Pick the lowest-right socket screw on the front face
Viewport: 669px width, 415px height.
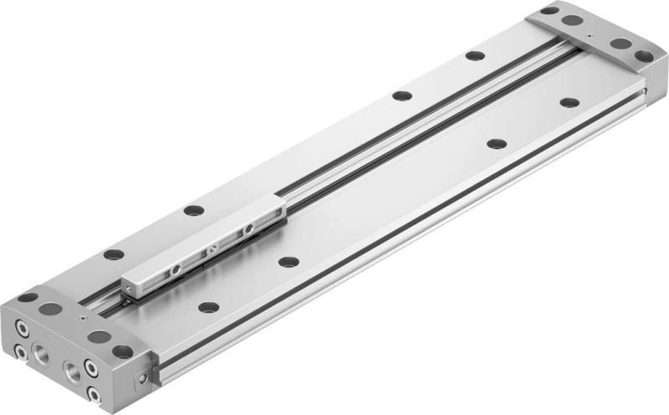point(94,392)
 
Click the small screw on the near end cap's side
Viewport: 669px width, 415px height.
point(141,378)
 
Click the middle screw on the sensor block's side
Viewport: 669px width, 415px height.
point(212,248)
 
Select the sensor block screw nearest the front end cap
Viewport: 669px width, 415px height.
point(176,269)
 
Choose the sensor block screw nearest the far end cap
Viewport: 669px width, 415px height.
point(248,228)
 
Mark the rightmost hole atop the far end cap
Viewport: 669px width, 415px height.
point(643,56)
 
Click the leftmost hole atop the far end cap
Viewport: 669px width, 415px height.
point(549,11)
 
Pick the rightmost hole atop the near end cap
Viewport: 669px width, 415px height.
point(123,351)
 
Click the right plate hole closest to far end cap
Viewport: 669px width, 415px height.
point(569,103)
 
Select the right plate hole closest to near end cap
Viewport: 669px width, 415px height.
point(208,307)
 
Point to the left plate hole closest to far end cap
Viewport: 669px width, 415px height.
point(475,56)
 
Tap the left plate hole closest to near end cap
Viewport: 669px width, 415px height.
point(113,254)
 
